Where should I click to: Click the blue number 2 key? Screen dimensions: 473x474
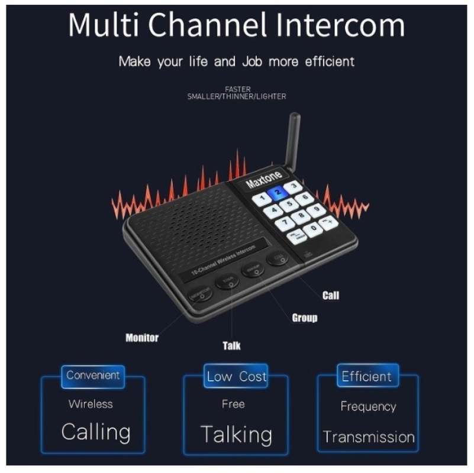pos(277,192)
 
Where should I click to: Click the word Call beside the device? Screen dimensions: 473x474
pos(330,295)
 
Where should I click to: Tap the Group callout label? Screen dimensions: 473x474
pos(305,318)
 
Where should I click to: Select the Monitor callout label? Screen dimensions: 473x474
pos(142,338)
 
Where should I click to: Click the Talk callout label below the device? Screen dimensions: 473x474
pos(231,346)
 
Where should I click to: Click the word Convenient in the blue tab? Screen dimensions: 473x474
pos(93,375)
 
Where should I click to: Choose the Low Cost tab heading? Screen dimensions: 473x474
pos(237,377)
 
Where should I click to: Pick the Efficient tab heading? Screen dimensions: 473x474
pos(366,377)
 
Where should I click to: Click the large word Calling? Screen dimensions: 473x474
pos(96,432)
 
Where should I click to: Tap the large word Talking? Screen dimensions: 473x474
pos(236,435)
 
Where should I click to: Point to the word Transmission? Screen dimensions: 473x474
pos(369,438)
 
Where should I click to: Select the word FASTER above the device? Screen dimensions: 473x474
pos(237,89)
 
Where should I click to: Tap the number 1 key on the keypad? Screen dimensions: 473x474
pos(262,199)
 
